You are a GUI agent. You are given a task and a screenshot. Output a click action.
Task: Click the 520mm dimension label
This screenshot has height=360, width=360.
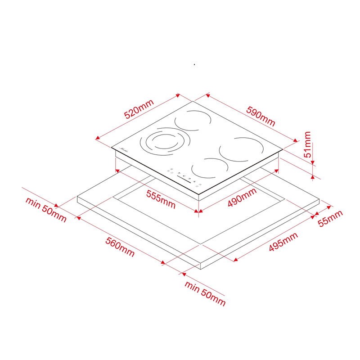[139, 109]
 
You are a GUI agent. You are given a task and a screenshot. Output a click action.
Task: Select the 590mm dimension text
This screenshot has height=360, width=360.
[261, 116]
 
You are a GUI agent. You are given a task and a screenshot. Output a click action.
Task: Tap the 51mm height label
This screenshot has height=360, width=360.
[307, 144]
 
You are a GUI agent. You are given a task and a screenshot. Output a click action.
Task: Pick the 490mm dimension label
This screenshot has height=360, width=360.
[242, 197]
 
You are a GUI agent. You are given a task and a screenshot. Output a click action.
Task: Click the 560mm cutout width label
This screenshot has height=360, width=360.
[120, 247]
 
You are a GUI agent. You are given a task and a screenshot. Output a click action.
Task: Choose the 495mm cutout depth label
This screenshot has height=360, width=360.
[283, 242]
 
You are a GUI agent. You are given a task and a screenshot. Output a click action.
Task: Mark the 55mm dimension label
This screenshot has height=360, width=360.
[330, 218]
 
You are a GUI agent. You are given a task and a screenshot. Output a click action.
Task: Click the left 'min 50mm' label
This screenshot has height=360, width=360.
[46, 209]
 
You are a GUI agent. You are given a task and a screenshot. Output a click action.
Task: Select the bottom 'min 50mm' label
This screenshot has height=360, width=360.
[205, 293]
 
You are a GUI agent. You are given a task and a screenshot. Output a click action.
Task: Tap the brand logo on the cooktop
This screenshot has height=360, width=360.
[125, 150]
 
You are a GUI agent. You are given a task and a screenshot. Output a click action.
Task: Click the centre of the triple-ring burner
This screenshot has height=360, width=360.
[165, 142]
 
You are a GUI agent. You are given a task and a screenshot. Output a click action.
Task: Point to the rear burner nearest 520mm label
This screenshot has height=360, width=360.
[193, 121]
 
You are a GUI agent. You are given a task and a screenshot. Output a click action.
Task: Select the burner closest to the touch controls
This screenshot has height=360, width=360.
[209, 168]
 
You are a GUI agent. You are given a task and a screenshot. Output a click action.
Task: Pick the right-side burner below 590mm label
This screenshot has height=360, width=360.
[241, 149]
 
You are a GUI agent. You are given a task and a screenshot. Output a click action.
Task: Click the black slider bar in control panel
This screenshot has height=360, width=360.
[184, 179]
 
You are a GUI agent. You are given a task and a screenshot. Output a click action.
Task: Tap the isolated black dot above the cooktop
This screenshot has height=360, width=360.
[194, 65]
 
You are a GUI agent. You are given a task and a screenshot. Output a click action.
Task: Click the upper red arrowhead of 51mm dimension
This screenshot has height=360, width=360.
[312, 162]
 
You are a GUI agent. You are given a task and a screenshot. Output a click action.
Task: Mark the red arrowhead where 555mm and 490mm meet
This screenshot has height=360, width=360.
[198, 211]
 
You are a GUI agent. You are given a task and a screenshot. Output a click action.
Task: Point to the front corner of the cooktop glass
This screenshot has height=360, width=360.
[199, 194]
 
